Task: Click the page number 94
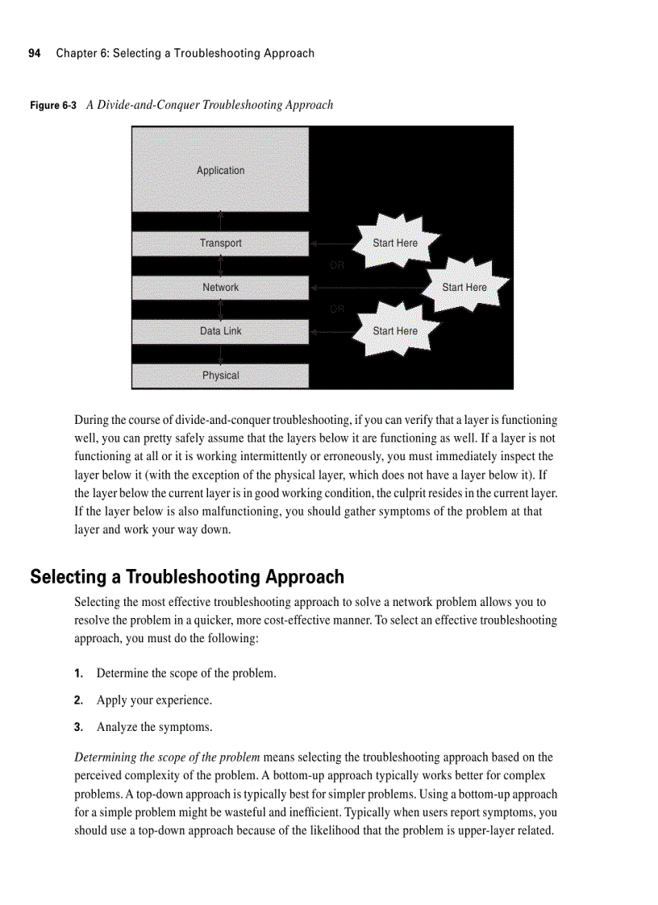(35, 53)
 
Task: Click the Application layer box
(220, 170)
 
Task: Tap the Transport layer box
(220, 243)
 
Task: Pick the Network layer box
(220, 288)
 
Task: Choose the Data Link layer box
(220, 331)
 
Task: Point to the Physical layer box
(220, 376)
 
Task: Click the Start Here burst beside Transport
(395, 243)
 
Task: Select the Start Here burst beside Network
(464, 287)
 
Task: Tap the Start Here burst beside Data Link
(395, 330)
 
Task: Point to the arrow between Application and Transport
(221, 222)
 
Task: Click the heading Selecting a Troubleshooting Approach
(187, 577)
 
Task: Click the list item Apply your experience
(154, 700)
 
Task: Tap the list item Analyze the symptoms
(154, 728)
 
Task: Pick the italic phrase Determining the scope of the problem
(167, 758)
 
